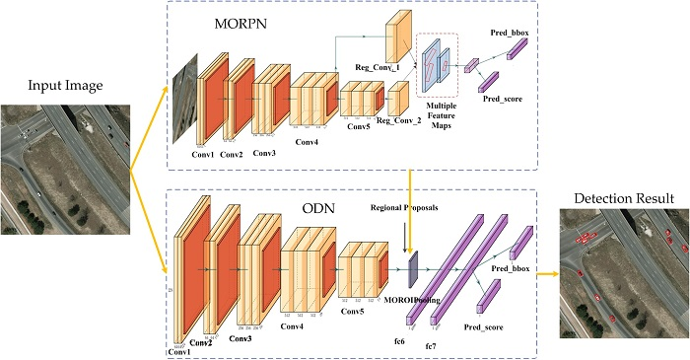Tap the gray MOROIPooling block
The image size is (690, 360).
[413, 261]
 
